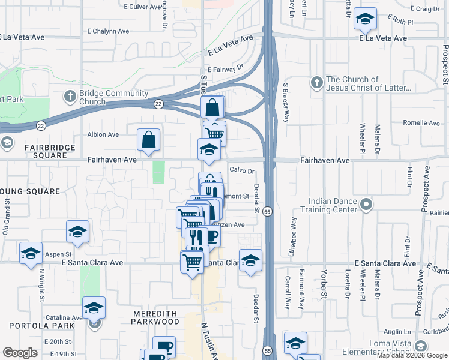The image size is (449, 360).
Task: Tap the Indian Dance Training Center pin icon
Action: click(x=366, y=206)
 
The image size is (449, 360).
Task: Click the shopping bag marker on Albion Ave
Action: click(x=148, y=140)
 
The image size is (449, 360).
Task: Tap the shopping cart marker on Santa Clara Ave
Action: click(x=191, y=262)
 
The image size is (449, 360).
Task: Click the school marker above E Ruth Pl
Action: click(x=364, y=19)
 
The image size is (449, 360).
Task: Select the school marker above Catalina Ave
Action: click(x=94, y=308)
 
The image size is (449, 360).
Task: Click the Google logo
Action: click(x=20, y=353)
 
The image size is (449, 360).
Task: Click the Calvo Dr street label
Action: click(x=243, y=170)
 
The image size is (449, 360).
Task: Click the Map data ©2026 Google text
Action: click(x=412, y=355)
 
